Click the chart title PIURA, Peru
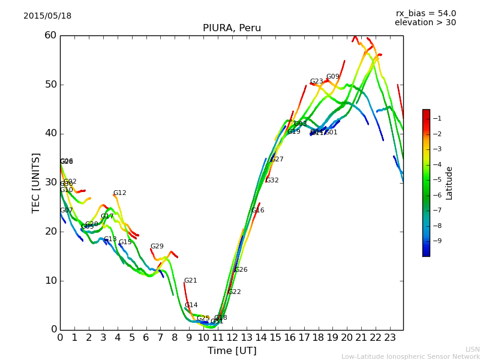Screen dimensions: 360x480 [232, 28]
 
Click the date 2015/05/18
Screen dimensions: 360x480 [47, 16]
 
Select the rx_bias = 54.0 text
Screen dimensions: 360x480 [425, 14]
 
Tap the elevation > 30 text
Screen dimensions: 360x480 [425, 23]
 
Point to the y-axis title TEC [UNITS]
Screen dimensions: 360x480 [36, 182]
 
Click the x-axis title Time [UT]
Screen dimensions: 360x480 [232, 351]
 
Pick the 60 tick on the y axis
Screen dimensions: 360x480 [50, 35]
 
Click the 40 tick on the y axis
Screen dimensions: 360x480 [50, 133]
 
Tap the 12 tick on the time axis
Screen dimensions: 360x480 [232, 337]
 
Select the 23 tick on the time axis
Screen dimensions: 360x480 [390, 337]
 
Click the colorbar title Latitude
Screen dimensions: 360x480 [449, 182]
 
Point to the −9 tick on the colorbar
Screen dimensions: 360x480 [437, 241]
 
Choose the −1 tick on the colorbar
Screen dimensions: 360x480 [437, 118]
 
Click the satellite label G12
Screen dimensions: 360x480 [119, 193]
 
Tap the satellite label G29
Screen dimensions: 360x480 [157, 247]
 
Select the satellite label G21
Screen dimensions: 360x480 [190, 281]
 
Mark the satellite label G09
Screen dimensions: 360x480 [332, 77]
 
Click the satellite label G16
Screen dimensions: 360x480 [257, 211]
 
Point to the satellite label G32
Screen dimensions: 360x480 [272, 181]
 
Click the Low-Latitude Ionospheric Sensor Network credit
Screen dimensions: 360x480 [410, 357]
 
